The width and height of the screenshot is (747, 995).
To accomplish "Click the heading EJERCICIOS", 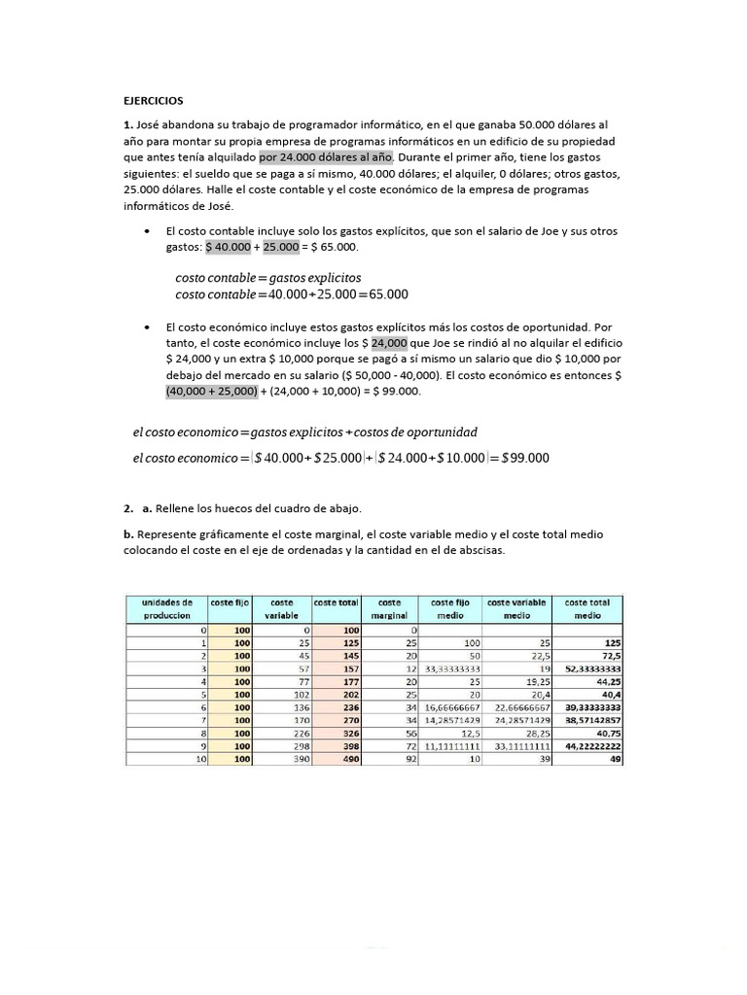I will [x=152, y=100].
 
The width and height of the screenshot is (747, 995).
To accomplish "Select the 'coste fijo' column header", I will [x=230, y=602].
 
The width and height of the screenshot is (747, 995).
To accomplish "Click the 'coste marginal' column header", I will [x=389, y=608].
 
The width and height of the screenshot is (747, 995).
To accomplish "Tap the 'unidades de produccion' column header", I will [x=166, y=608].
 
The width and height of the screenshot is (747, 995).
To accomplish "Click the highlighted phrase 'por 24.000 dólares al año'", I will [x=325, y=156].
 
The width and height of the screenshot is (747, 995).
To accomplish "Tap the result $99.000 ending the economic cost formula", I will [x=525, y=458].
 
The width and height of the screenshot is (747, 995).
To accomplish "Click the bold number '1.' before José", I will [x=127, y=125].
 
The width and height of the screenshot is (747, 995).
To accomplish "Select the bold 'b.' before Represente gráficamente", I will [x=128, y=534].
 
